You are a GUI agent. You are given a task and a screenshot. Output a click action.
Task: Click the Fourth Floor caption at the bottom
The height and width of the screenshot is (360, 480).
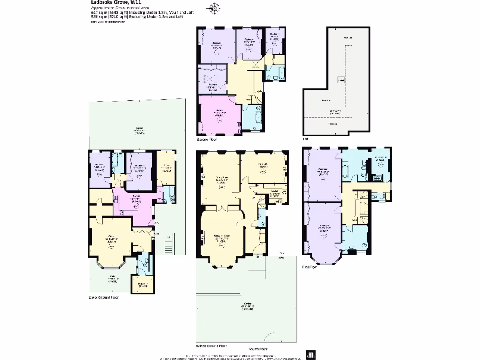257,349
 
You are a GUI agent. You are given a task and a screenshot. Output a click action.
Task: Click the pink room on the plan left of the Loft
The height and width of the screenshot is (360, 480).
219,115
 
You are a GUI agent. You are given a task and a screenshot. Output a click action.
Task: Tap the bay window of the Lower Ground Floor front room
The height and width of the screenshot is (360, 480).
112,265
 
